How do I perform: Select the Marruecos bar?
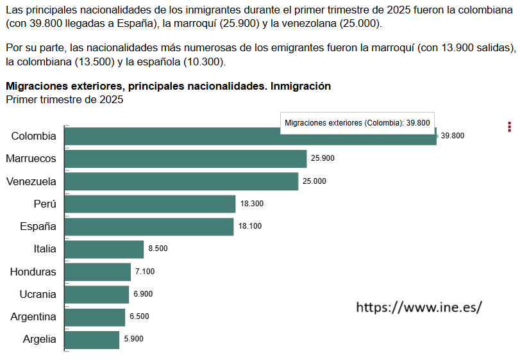click(x=186, y=159)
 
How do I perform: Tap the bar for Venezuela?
click(x=181, y=181)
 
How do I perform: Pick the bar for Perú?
click(x=150, y=204)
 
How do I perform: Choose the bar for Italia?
click(x=104, y=249)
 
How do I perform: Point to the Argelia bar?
click(x=92, y=340)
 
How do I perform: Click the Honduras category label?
click(x=33, y=272)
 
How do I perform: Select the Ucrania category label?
click(x=38, y=295)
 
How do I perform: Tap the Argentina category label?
click(x=33, y=317)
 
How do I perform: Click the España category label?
click(x=38, y=227)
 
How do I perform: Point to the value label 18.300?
click(x=252, y=204)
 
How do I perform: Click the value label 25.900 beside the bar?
click(x=323, y=158)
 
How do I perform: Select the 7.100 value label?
click(x=144, y=272)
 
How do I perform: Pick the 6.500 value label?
click(x=139, y=316)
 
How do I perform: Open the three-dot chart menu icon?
click(x=509, y=127)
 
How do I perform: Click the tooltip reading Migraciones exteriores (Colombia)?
click(x=356, y=123)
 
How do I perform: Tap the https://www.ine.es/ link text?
click(x=418, y=307)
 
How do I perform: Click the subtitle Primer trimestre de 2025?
click(x=64, y=100)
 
